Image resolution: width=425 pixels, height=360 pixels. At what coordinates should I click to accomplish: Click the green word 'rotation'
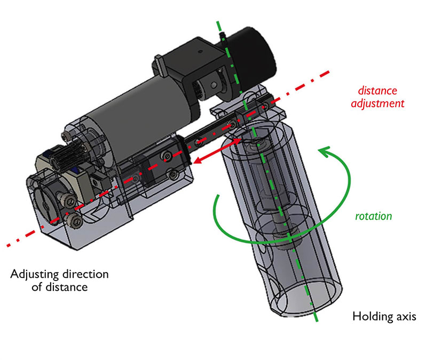pos(373,217)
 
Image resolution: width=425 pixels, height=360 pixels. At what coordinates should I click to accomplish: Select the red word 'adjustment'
pos(377,103)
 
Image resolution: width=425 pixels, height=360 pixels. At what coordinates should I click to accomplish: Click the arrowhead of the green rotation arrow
pos(321,151)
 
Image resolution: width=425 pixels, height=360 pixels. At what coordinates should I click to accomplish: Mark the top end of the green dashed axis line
pos(217,22)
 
